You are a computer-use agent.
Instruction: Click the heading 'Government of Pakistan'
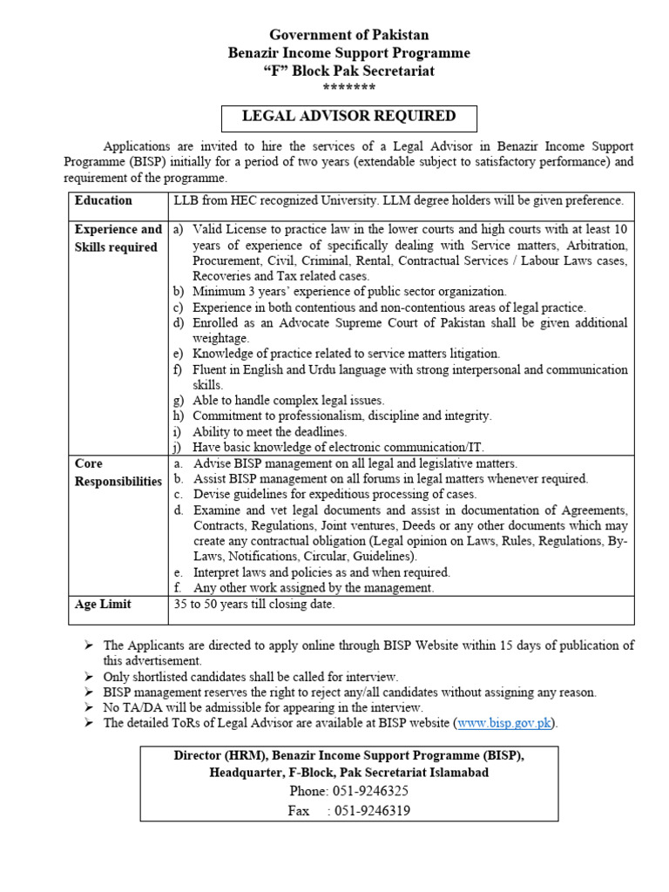pos(348,35)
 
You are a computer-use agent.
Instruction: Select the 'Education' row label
pos(104,200)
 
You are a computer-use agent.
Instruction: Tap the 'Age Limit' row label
pos(104,604)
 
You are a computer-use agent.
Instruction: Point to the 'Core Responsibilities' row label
pos(118,472)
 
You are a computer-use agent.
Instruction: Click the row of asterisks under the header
pos(348,88)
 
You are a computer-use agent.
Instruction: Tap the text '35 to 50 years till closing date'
pos(254,604)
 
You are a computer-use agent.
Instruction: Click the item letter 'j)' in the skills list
pos(178,448)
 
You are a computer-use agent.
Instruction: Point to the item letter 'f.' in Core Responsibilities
pos(178,588)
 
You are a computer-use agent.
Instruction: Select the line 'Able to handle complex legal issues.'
pos(288,401)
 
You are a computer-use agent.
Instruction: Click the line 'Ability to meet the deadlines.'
pos(270,432)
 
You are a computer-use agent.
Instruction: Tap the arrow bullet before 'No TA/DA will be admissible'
pos(89,708)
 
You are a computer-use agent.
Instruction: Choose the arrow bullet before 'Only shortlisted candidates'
pos(89,677)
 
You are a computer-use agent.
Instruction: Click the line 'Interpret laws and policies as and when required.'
pos(321,572)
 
